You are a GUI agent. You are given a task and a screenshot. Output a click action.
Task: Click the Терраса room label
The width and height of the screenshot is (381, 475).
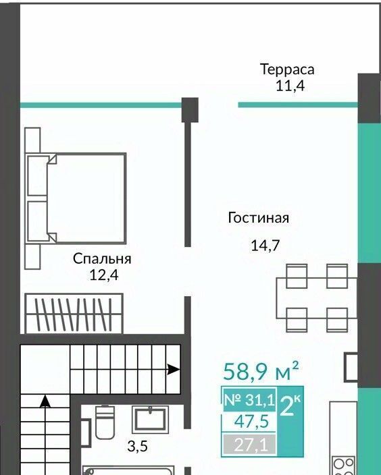coord(287,69)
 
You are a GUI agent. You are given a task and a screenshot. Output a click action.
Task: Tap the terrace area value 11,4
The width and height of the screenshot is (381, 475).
coord(290,86)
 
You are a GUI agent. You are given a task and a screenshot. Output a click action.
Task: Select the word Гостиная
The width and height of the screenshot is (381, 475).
coord(259,218)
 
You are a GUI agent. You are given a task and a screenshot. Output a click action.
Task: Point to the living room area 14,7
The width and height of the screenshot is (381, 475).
coord(265,245)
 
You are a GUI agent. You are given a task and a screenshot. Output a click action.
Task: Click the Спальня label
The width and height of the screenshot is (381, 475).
coord(102,259)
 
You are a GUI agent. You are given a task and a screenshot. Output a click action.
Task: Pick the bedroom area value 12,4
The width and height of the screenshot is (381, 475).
coord(104,275)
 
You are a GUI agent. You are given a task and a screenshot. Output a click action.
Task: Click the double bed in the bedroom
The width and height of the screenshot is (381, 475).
coord(76,198)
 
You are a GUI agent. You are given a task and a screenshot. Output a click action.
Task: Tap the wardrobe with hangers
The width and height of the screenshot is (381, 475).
coord(74,314)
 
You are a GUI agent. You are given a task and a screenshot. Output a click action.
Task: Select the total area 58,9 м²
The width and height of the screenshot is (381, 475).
coord(261,371)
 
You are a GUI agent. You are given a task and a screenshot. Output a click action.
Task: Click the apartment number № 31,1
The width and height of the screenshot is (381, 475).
coord(249,399)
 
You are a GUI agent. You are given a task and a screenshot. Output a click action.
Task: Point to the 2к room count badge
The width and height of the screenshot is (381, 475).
coord(290,406)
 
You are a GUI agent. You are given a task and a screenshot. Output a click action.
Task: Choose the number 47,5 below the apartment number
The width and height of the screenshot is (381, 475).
coord(251,422)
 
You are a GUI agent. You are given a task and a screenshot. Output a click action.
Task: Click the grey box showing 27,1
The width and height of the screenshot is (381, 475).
coord(249,445)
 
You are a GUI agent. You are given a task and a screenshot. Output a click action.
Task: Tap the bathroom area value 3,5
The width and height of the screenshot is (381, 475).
coord(137,446)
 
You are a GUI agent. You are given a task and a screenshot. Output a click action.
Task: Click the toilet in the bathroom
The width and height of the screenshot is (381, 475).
coord(105,422)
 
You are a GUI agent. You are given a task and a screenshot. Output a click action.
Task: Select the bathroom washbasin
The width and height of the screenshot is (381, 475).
coord(150,420)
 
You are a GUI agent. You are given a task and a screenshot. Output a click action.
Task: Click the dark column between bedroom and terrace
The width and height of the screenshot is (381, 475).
coord(190,110)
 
